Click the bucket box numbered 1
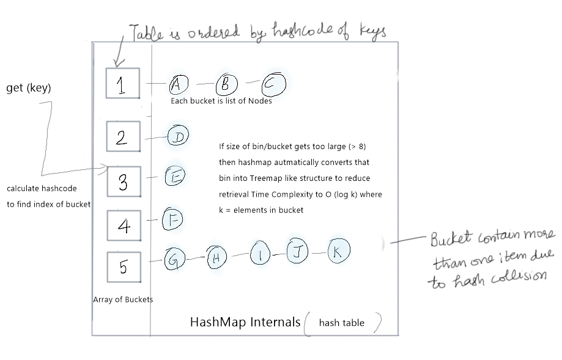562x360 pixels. point(122,83)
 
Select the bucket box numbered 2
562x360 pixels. point(123,136)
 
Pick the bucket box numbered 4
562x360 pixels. point(124,226)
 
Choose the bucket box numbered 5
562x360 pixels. point(124,266)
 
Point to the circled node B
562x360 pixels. point(225,84)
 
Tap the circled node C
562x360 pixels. point(274,84)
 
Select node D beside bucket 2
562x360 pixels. point(179,136)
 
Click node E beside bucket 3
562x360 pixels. point(175,177)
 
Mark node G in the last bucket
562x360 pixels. point(173,260)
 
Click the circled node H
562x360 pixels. point(216,259)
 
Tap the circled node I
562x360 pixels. point(261,255)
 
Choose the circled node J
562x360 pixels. point(298,252)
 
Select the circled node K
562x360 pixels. point(338,251)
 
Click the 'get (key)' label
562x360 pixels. point(28,89)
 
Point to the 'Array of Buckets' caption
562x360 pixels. point(123,299)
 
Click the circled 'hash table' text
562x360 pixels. point(342,323)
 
